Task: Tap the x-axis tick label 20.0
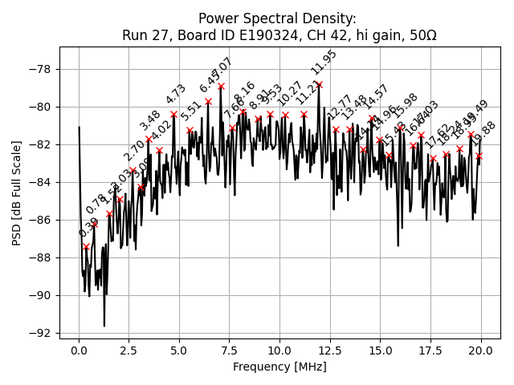pos(481,351)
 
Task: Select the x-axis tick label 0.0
pos(79,351)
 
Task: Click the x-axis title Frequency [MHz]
pos(279,367)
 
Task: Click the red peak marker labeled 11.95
pos(319,84)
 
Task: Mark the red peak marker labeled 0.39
pos(87,246)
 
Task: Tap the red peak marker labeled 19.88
pos(479,156)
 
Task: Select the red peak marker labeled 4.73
pos(173,114)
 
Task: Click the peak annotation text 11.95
pos(324,63)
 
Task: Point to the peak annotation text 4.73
pos(176,94)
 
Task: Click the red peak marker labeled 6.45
pos(208,102)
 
